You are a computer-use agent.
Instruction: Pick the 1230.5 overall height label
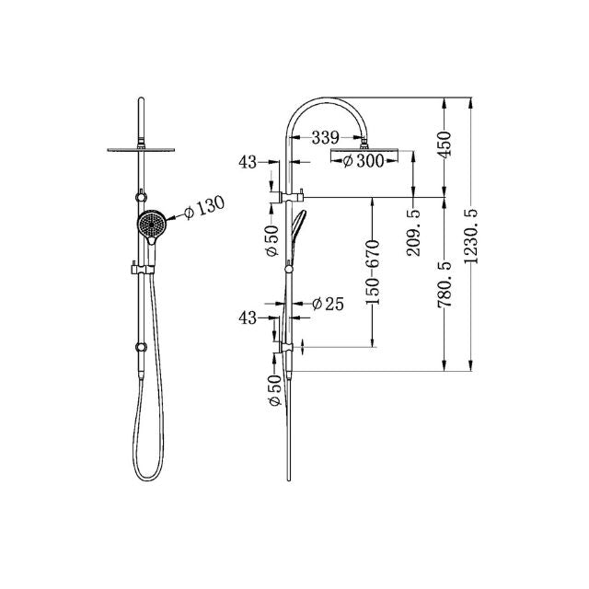click(x=473, y=237)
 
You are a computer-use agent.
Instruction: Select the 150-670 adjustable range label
click(x=373, y=271)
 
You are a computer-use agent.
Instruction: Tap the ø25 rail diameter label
click(x=328, y=304)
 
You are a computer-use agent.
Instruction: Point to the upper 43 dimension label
click(x=248, y=162)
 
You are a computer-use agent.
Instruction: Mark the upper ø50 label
click(x=272, y=238)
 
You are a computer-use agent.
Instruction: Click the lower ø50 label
click(x=272, y=392)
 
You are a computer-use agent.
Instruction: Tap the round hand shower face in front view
click(x=151, y=224)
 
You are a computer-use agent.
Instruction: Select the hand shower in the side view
click(x=297, y=234)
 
